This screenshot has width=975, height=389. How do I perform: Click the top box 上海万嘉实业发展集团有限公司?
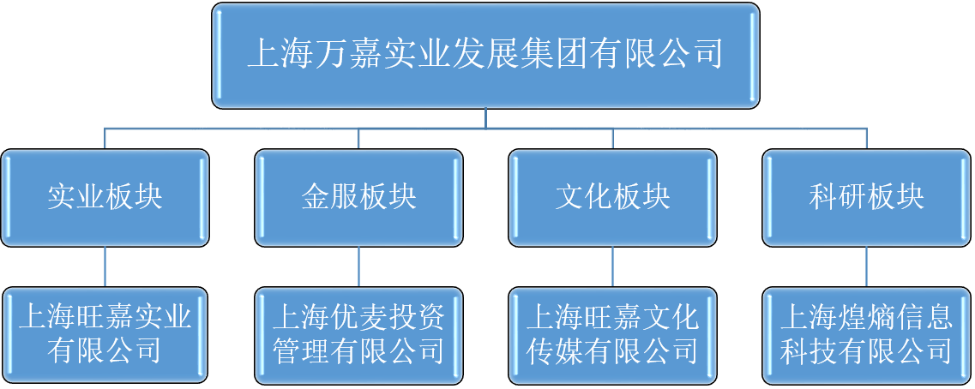[x=485, y=56]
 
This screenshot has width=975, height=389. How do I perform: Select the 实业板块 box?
[x=105, y=198]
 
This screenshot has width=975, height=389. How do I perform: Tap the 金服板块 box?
[x=358, y=198]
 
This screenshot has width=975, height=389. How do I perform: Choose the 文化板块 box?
[x=612, y=198]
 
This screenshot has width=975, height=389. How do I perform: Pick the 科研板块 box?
[x=867, y=198]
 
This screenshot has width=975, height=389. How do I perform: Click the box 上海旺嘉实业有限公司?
[x=105, y=336]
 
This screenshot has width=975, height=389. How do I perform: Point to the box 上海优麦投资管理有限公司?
[x=358, y=336]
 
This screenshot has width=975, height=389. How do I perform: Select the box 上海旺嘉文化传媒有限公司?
[x=612, y=336]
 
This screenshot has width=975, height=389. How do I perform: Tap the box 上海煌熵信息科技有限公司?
[x=867, y=336]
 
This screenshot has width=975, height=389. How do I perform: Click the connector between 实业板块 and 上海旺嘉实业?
[x=105, y=267]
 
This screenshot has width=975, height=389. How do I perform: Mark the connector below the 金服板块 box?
[x=358, y=267]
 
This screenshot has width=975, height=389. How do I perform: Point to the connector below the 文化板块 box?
[x=612, y=267]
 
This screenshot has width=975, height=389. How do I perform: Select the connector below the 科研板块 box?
[x=867, y=267]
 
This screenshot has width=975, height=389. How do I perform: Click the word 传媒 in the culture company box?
[x=553, y=351]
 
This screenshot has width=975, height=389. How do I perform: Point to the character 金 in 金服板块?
[x=316, y=198]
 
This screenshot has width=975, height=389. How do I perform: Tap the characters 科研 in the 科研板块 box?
[x=838, y=198]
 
